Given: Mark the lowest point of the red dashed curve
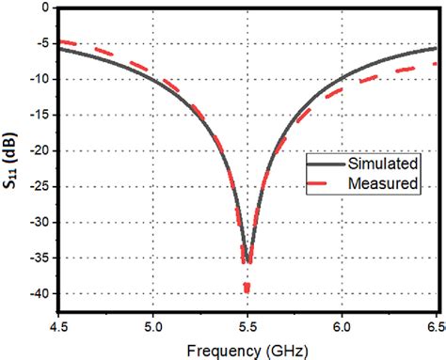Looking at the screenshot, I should [x=247, y=291].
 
